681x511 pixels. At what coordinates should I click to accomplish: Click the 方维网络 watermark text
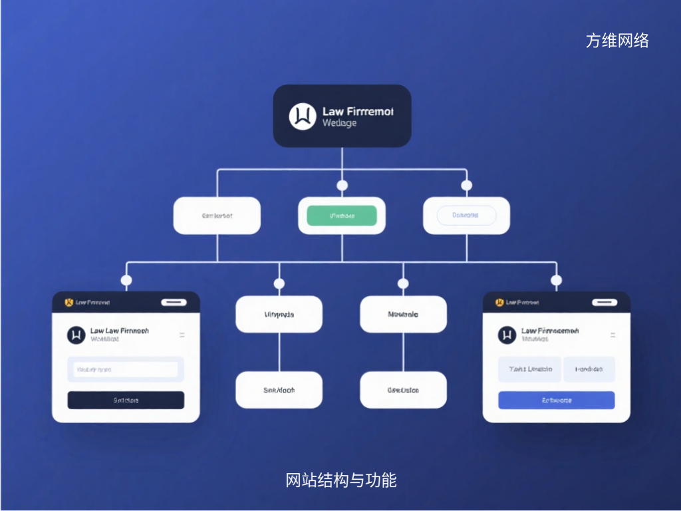(x=617, y=41)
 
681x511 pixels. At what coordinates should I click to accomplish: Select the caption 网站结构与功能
(x=340, y=480)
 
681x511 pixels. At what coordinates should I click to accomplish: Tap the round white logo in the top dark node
(x=303, y=116)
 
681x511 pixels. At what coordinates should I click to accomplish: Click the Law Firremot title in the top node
(x=357, y=111)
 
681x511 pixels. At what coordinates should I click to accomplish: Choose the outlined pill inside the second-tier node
(x=466, y=216)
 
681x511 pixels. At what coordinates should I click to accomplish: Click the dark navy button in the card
(x=126, y=400)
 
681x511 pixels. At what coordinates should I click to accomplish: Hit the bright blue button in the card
(x=556, y=400)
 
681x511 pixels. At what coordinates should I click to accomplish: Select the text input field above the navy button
(x=126, y=369)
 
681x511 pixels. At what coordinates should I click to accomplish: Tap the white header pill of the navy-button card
(x=174, y=302)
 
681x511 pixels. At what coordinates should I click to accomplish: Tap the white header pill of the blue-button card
(x=605, y=302)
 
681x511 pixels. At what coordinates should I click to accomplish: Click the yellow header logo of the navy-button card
(x=68, y=303)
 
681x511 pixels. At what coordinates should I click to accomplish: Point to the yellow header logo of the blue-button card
(x=499, y=303)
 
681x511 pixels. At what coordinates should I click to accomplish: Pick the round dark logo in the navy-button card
(x=76, y=335)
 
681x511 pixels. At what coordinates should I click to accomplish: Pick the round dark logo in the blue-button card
(x=507, y=335)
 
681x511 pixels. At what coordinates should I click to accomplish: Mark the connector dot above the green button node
(x=342, y=185)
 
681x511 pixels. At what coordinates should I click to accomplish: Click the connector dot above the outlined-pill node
(x=466, y=185)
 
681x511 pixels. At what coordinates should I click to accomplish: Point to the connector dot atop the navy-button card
(x=126, y=280)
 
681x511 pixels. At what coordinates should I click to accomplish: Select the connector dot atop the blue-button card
(x=556, y=280)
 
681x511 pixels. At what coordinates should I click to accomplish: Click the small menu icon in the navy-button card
(x=182, y=335)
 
